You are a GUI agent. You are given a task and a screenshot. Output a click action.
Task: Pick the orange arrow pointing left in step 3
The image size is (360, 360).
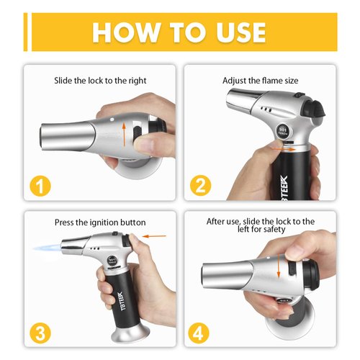(x=152, y=234)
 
